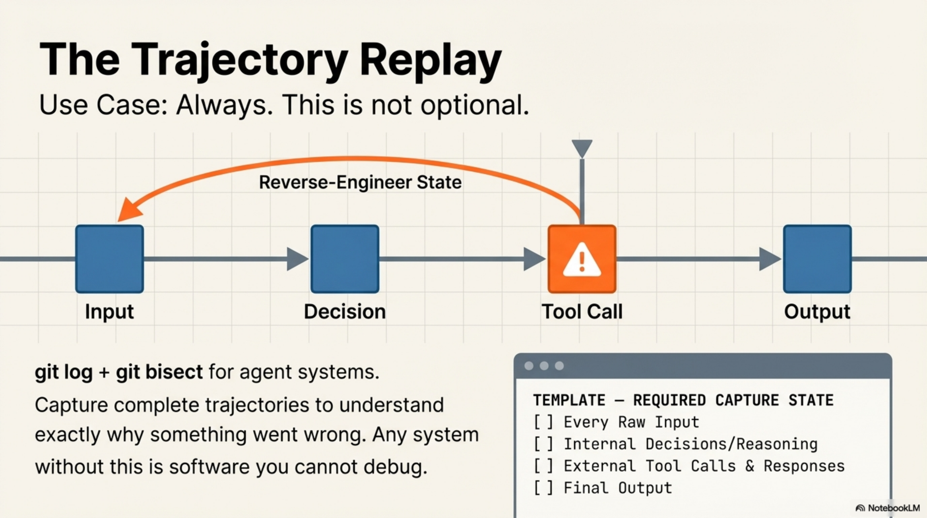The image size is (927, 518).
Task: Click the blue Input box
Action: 109,259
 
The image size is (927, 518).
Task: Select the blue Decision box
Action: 345,259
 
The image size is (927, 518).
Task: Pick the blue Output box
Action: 817,259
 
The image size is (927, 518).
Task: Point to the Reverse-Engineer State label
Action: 360,182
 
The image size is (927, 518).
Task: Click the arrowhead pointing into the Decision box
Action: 296,259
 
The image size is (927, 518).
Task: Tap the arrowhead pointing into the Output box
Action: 769,259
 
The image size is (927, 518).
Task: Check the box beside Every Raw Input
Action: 543,422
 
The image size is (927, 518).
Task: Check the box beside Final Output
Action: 543,488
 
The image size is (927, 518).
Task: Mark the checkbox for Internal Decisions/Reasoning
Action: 543,444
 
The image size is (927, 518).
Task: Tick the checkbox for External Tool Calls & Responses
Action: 543,466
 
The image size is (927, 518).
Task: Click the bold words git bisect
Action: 159,372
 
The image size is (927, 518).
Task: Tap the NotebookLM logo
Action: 887,508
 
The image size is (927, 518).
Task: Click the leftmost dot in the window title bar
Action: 529,366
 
